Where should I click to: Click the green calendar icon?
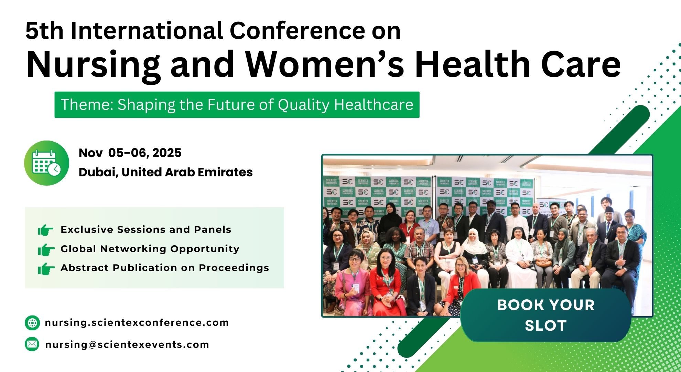pyautogui.click(x=46, y=163)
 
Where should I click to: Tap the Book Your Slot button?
pyautogui.click(x=546, y=315)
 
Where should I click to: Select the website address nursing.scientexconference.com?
pyautogui.click(x=137, y=323)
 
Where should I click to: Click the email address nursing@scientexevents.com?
pyautogui.click(x=127, y=344)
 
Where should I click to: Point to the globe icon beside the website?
pyautogui.click(x=32, y=323)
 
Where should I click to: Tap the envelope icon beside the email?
pyautogui.click(x=32, y=344)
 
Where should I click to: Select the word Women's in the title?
pyautogui.click(x=325, y=64)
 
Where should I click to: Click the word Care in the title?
pyautogui.click(x=581, y=64)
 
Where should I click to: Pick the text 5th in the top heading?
pyautogui.click(x=45, y=31)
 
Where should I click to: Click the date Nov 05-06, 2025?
pyautogui.click(x=130, y=153)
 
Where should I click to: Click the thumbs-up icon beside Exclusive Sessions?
pyautogui.click(x=46, y=230)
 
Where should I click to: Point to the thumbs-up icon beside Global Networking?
pyautogui.click(x=46, y=249)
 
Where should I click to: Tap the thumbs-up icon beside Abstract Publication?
pyautogui.click(x=46, y=269)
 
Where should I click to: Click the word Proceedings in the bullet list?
pyautogui.click(x=234, y=268)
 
